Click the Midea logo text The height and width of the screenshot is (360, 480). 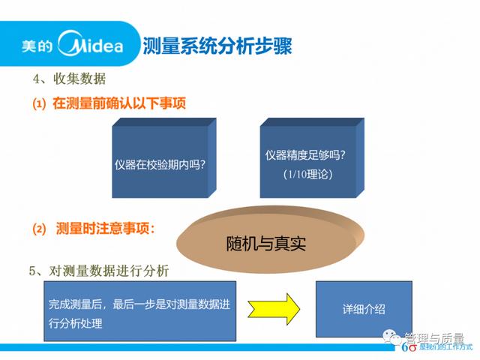91,44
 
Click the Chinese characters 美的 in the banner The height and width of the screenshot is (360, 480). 37,46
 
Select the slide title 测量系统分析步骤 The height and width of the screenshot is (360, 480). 217,46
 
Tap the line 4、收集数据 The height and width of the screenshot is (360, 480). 69,79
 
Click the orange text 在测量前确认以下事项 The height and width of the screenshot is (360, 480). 119,103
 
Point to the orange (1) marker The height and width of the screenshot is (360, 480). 39,103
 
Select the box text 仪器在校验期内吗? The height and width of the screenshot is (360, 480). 160,165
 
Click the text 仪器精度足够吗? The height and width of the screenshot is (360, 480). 305,155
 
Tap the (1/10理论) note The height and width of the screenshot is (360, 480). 307,175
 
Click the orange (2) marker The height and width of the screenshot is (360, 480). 39,229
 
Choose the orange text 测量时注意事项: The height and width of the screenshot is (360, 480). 106,228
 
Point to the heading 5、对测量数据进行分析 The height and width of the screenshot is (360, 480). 99,271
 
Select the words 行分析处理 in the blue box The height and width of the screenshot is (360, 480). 75,323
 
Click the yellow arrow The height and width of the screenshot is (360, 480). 274,309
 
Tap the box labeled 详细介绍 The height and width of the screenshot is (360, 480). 364,309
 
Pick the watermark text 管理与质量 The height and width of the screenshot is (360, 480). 434,338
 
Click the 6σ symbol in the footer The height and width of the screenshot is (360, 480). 409,347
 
